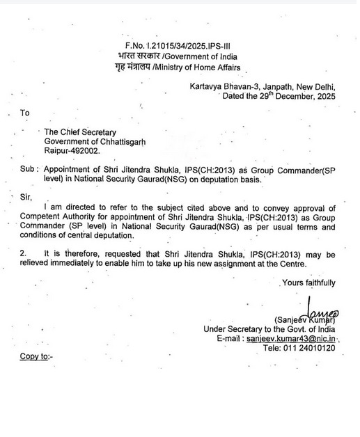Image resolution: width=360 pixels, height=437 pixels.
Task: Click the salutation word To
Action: tap(26, 113)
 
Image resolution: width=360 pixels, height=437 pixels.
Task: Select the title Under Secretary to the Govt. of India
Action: tap(269, 328)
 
